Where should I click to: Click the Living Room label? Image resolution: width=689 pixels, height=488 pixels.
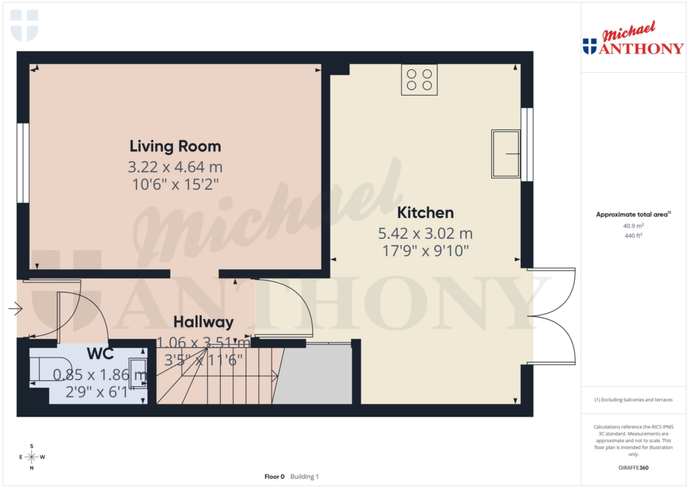click(x=175, y=146)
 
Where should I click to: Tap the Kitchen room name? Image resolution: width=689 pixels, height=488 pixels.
click(x=425, y=213)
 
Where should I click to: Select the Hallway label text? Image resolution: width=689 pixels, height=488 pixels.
click(x=203, y=322)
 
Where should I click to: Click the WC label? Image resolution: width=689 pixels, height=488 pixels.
click(x=100, y=353)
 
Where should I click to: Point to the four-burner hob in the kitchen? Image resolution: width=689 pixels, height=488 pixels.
click(x=419, y=78)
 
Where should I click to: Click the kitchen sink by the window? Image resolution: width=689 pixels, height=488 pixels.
click(x=506, y=154)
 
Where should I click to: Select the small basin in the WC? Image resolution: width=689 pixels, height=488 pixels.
click(x=138, y=375)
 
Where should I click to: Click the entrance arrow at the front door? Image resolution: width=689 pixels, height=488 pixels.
click(x=15, y=309)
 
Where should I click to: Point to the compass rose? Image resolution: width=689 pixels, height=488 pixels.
click(x=32, y=457)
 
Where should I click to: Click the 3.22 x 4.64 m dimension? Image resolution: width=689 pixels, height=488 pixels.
click(x=175, y=166)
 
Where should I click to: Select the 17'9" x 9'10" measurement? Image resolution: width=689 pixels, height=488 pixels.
click(x=425, y=250)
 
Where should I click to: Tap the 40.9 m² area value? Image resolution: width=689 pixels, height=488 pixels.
click(x=632, y=226)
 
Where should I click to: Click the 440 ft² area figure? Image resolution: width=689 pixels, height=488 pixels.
click(x=632, y=236)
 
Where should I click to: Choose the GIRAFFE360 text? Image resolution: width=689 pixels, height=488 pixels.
click(x=633, y=468)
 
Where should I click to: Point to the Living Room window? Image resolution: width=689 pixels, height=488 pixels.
click(x=23, y=163)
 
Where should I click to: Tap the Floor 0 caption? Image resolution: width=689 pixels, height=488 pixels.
click(x=275, y=477)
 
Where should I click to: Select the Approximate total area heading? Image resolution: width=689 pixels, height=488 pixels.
click(x=632, y=215)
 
